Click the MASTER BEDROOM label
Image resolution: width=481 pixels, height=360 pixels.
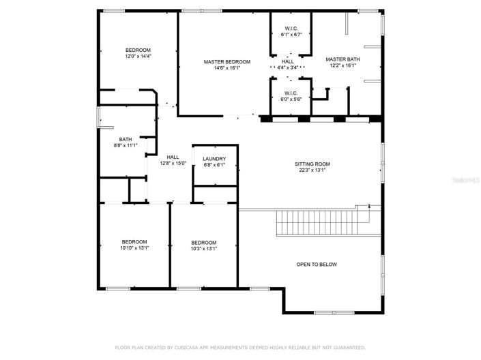(x=227, y=61)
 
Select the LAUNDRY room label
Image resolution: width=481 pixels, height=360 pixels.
(x=214, y=158)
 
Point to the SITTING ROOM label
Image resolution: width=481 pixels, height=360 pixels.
(x=312, y=164)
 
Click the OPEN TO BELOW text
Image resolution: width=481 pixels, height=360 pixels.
(x=316, y=265)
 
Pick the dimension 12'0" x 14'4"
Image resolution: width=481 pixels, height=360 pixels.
(x=137, y=57)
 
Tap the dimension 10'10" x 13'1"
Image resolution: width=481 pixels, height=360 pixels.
(x=134, y=248)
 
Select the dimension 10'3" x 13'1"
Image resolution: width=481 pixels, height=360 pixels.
(x=203, y=249)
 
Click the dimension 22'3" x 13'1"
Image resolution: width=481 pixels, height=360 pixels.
(x=312, y=170)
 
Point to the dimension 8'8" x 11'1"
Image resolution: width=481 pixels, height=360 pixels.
(x=126, y=145)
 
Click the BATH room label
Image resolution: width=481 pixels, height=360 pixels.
(x=126, y=139)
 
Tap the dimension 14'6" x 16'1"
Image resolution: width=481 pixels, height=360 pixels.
(x=227, y=67)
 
